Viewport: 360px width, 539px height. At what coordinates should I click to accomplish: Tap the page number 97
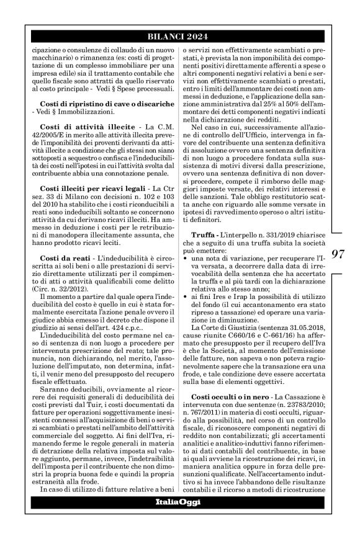pos(338,254)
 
